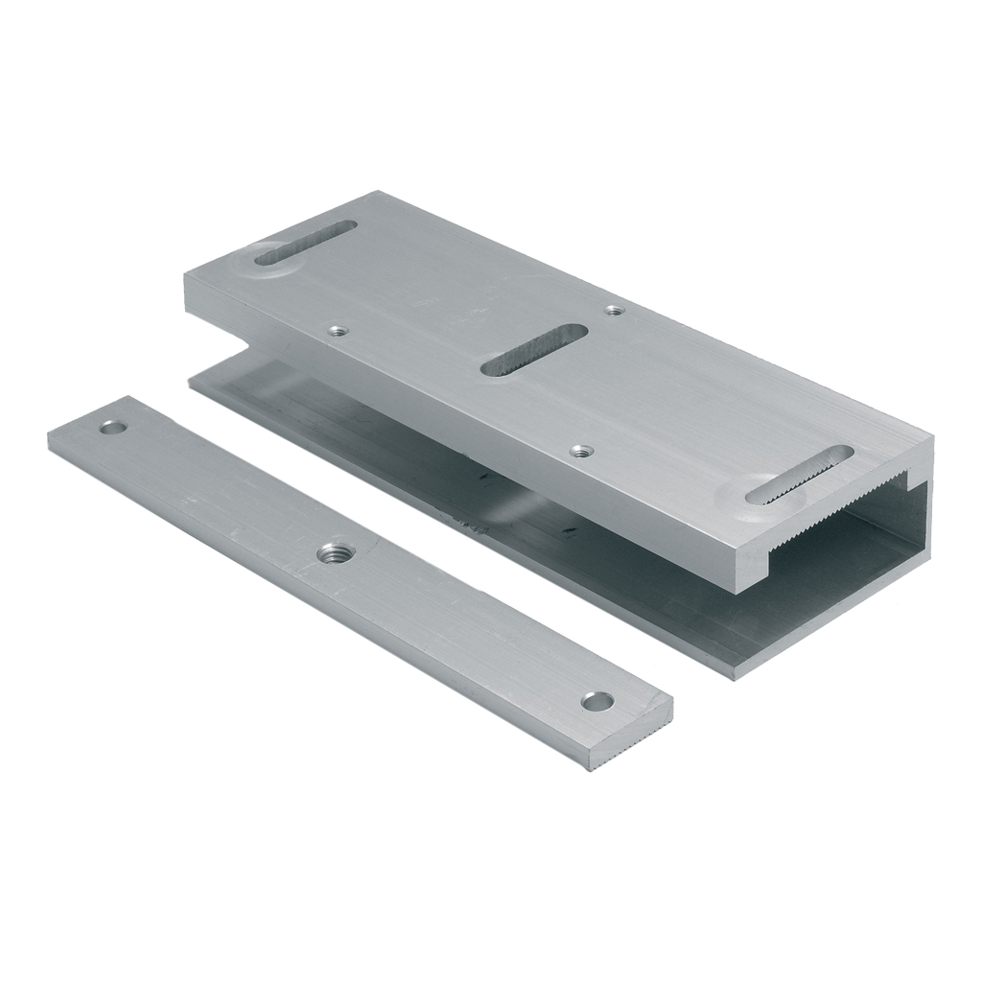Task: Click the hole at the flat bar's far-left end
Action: [114, 427]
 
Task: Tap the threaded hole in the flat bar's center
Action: [338, 552]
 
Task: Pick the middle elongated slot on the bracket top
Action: [533, 350]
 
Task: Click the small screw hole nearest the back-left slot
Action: [335, 331]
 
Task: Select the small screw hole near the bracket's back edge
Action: [614, 310]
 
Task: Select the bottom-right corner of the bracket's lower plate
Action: [735, 674]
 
